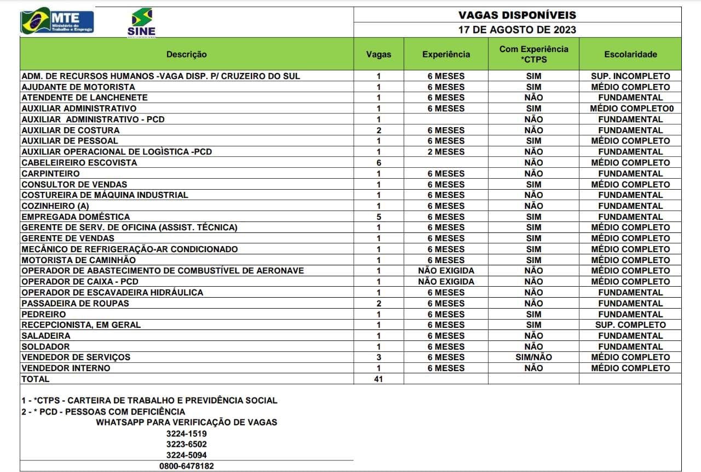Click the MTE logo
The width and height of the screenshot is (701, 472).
click(x=58, y=21)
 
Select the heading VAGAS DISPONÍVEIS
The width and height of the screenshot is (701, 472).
click(x=517, y=15)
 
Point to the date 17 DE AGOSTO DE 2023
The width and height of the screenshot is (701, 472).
click(x=517, y=30)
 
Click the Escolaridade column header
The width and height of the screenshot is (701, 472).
click(x=630, y=54)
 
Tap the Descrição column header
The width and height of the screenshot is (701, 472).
click(x=187, y=54)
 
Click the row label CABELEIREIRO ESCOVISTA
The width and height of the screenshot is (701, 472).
click(x=79, y=163)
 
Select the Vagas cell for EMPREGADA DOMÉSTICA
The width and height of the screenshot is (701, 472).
click(x=378, y=217)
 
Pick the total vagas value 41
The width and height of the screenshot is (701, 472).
click(x=378, y=379)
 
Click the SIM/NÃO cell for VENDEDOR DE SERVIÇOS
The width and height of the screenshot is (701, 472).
click(x=533, y=357)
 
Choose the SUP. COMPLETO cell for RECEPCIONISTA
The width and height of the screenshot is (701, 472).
click(x=630, y=325)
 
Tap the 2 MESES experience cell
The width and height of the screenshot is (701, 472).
click(x=446, y=152)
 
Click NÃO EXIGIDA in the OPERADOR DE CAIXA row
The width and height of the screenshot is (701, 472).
click(x=446, y=282)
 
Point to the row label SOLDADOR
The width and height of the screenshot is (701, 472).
click(x=46, y=346)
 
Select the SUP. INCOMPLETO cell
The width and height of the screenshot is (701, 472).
click(x=630, y=76)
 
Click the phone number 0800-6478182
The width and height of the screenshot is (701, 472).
click(x=187, y=466)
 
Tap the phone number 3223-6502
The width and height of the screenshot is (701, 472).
click(x=187, y=444)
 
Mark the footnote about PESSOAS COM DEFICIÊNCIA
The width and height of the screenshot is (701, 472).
click(x=104, y=411)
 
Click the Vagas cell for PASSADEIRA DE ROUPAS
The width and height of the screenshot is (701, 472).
click(x=378, y=303)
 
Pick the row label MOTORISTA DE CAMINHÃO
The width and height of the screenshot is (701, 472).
click(x=78, y=260)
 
